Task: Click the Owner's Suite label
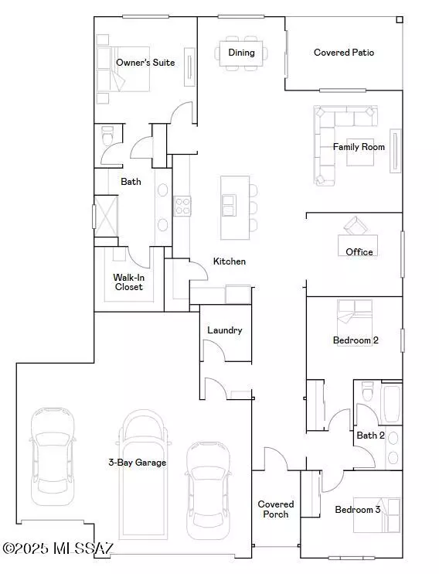coord(145,62)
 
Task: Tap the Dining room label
coord(241,53)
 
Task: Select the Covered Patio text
coord(344,53)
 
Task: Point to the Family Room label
coord(359,146)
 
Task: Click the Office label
coord(359,251)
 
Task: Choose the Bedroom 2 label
coord(355,340)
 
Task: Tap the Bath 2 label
coord(370,436)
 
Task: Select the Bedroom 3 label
coord(357,510)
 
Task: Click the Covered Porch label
coord(275,509)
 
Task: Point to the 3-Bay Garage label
coord(137,463)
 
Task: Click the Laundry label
coord(224,330)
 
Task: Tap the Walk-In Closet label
coord(128,282)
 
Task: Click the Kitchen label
coord(230,261)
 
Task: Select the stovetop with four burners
coord(182,206)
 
